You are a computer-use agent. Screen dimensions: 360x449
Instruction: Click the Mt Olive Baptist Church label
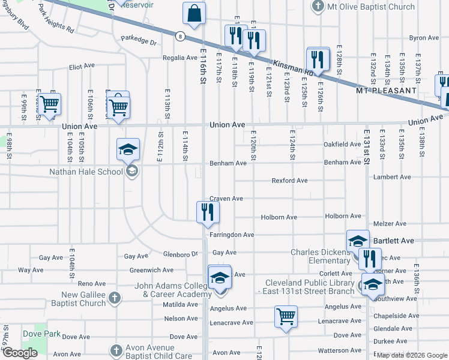click(x=371, y=7)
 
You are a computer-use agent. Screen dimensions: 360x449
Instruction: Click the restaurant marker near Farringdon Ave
click(x=208, y=212)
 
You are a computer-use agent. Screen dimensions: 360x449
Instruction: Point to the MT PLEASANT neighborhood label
click(x=386, y=90)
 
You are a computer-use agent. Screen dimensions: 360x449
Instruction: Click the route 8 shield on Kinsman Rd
click(x=179, y=37)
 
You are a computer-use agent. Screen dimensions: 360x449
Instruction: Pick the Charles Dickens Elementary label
click(x=321, y=256)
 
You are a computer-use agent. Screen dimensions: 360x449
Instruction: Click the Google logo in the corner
click(x=20, y=353)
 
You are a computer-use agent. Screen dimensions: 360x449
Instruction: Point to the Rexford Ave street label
click(x=289, y=181)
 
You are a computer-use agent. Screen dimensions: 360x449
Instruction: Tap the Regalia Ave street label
click(x=179, y=58)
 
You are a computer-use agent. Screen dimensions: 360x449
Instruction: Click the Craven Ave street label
click(x=226, y=199)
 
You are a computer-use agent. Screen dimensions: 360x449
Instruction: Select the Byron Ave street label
click(x=424, y=38)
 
